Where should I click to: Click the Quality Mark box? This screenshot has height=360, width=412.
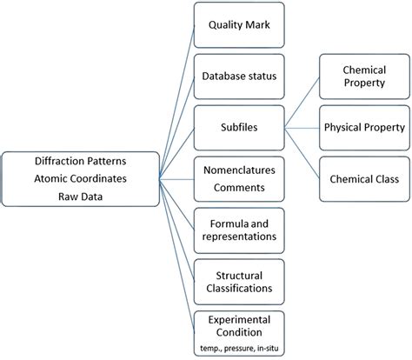point(236,26)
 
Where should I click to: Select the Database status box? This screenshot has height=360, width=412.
point(236,77)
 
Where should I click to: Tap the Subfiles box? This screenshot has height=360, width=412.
point(236,126)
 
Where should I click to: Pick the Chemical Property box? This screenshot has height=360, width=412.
point(365,76)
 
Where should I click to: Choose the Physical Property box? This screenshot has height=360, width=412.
point(365,127)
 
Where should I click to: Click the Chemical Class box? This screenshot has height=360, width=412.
point(365,178)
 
